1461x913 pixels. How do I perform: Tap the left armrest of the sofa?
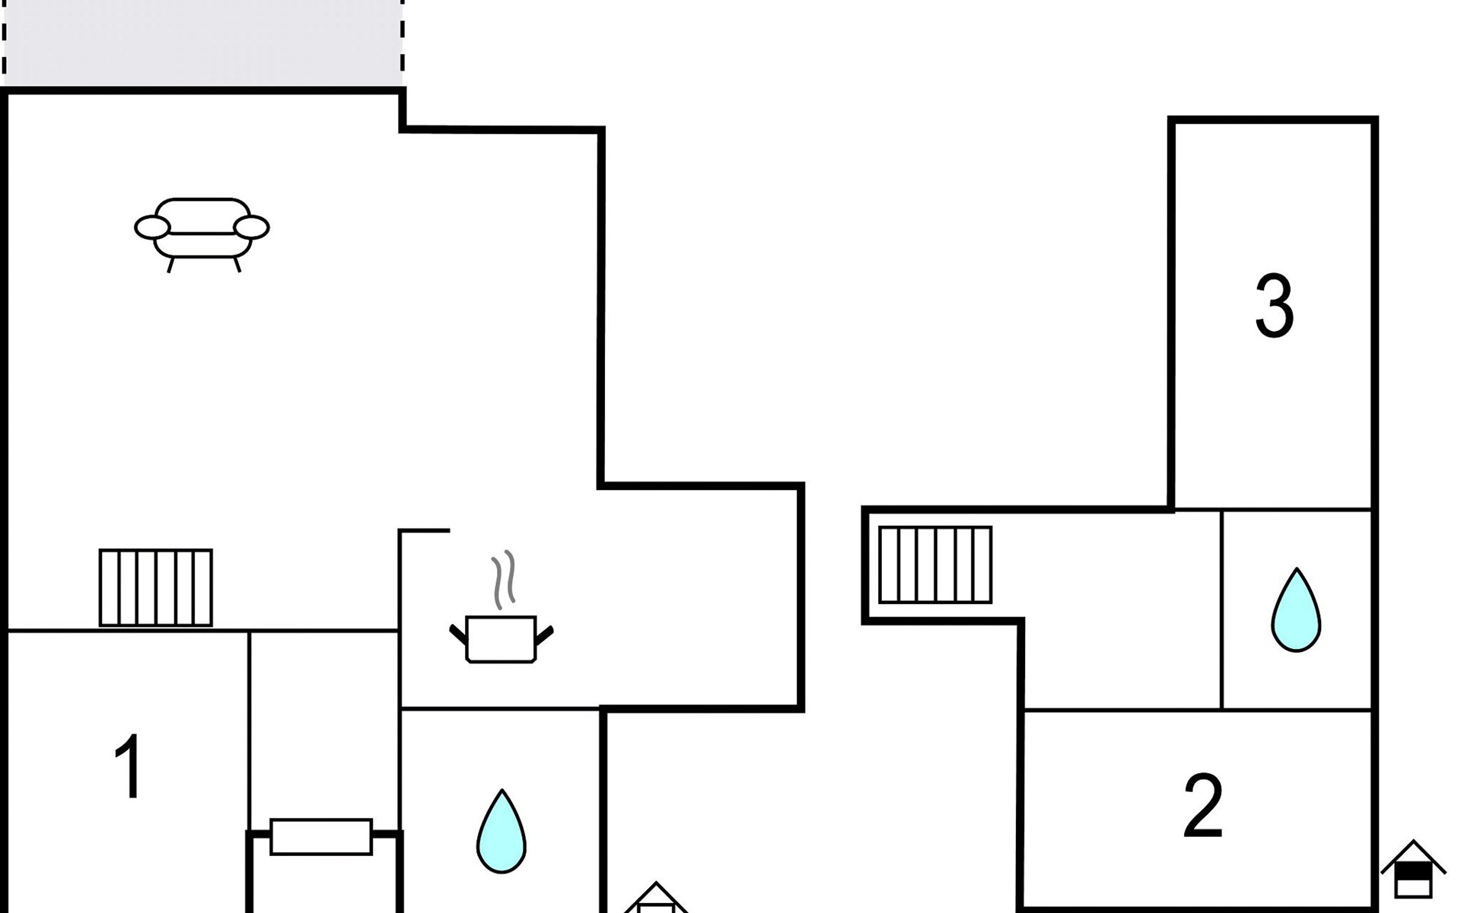[152, 227]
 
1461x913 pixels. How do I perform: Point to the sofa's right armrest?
[251, 227]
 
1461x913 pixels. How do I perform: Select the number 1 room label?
[129, 766]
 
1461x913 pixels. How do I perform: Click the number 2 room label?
[1203, 806]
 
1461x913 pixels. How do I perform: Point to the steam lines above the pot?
[503, 580]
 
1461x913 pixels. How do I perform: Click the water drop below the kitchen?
[501, 833]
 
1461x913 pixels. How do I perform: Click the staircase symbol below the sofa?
[156, 587]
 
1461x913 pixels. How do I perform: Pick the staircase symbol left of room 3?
[935, 565]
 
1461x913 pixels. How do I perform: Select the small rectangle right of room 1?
[321, 837]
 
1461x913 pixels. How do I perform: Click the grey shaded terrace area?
[202, 43]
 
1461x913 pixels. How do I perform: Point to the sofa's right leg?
[237, 265]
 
